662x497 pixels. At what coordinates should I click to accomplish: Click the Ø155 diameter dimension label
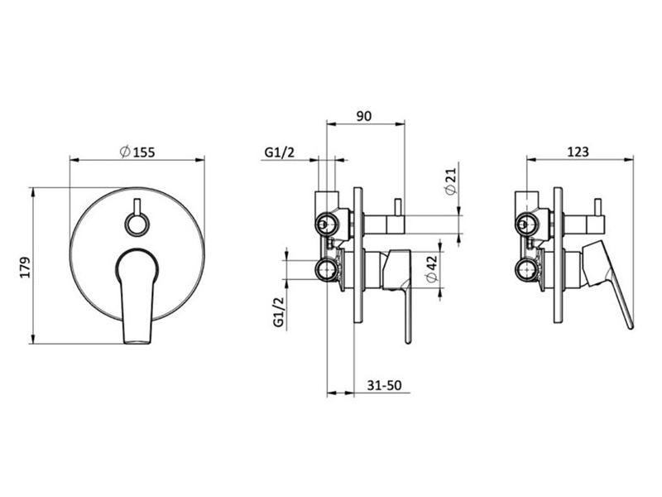pos(137,152)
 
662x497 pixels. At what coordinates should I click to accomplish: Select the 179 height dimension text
pos(26,267)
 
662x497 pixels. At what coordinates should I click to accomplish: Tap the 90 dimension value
pos(364,116)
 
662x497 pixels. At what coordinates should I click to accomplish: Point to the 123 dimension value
pos(578,152)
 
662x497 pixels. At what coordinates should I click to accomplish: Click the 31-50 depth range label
pos(384,385)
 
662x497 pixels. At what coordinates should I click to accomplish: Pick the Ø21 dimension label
pos(451,181)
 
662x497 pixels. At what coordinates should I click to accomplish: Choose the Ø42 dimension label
pos(431,268)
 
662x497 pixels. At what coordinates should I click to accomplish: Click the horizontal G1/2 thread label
pos(279,152)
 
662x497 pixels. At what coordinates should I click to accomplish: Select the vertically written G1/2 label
pos(279,312)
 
